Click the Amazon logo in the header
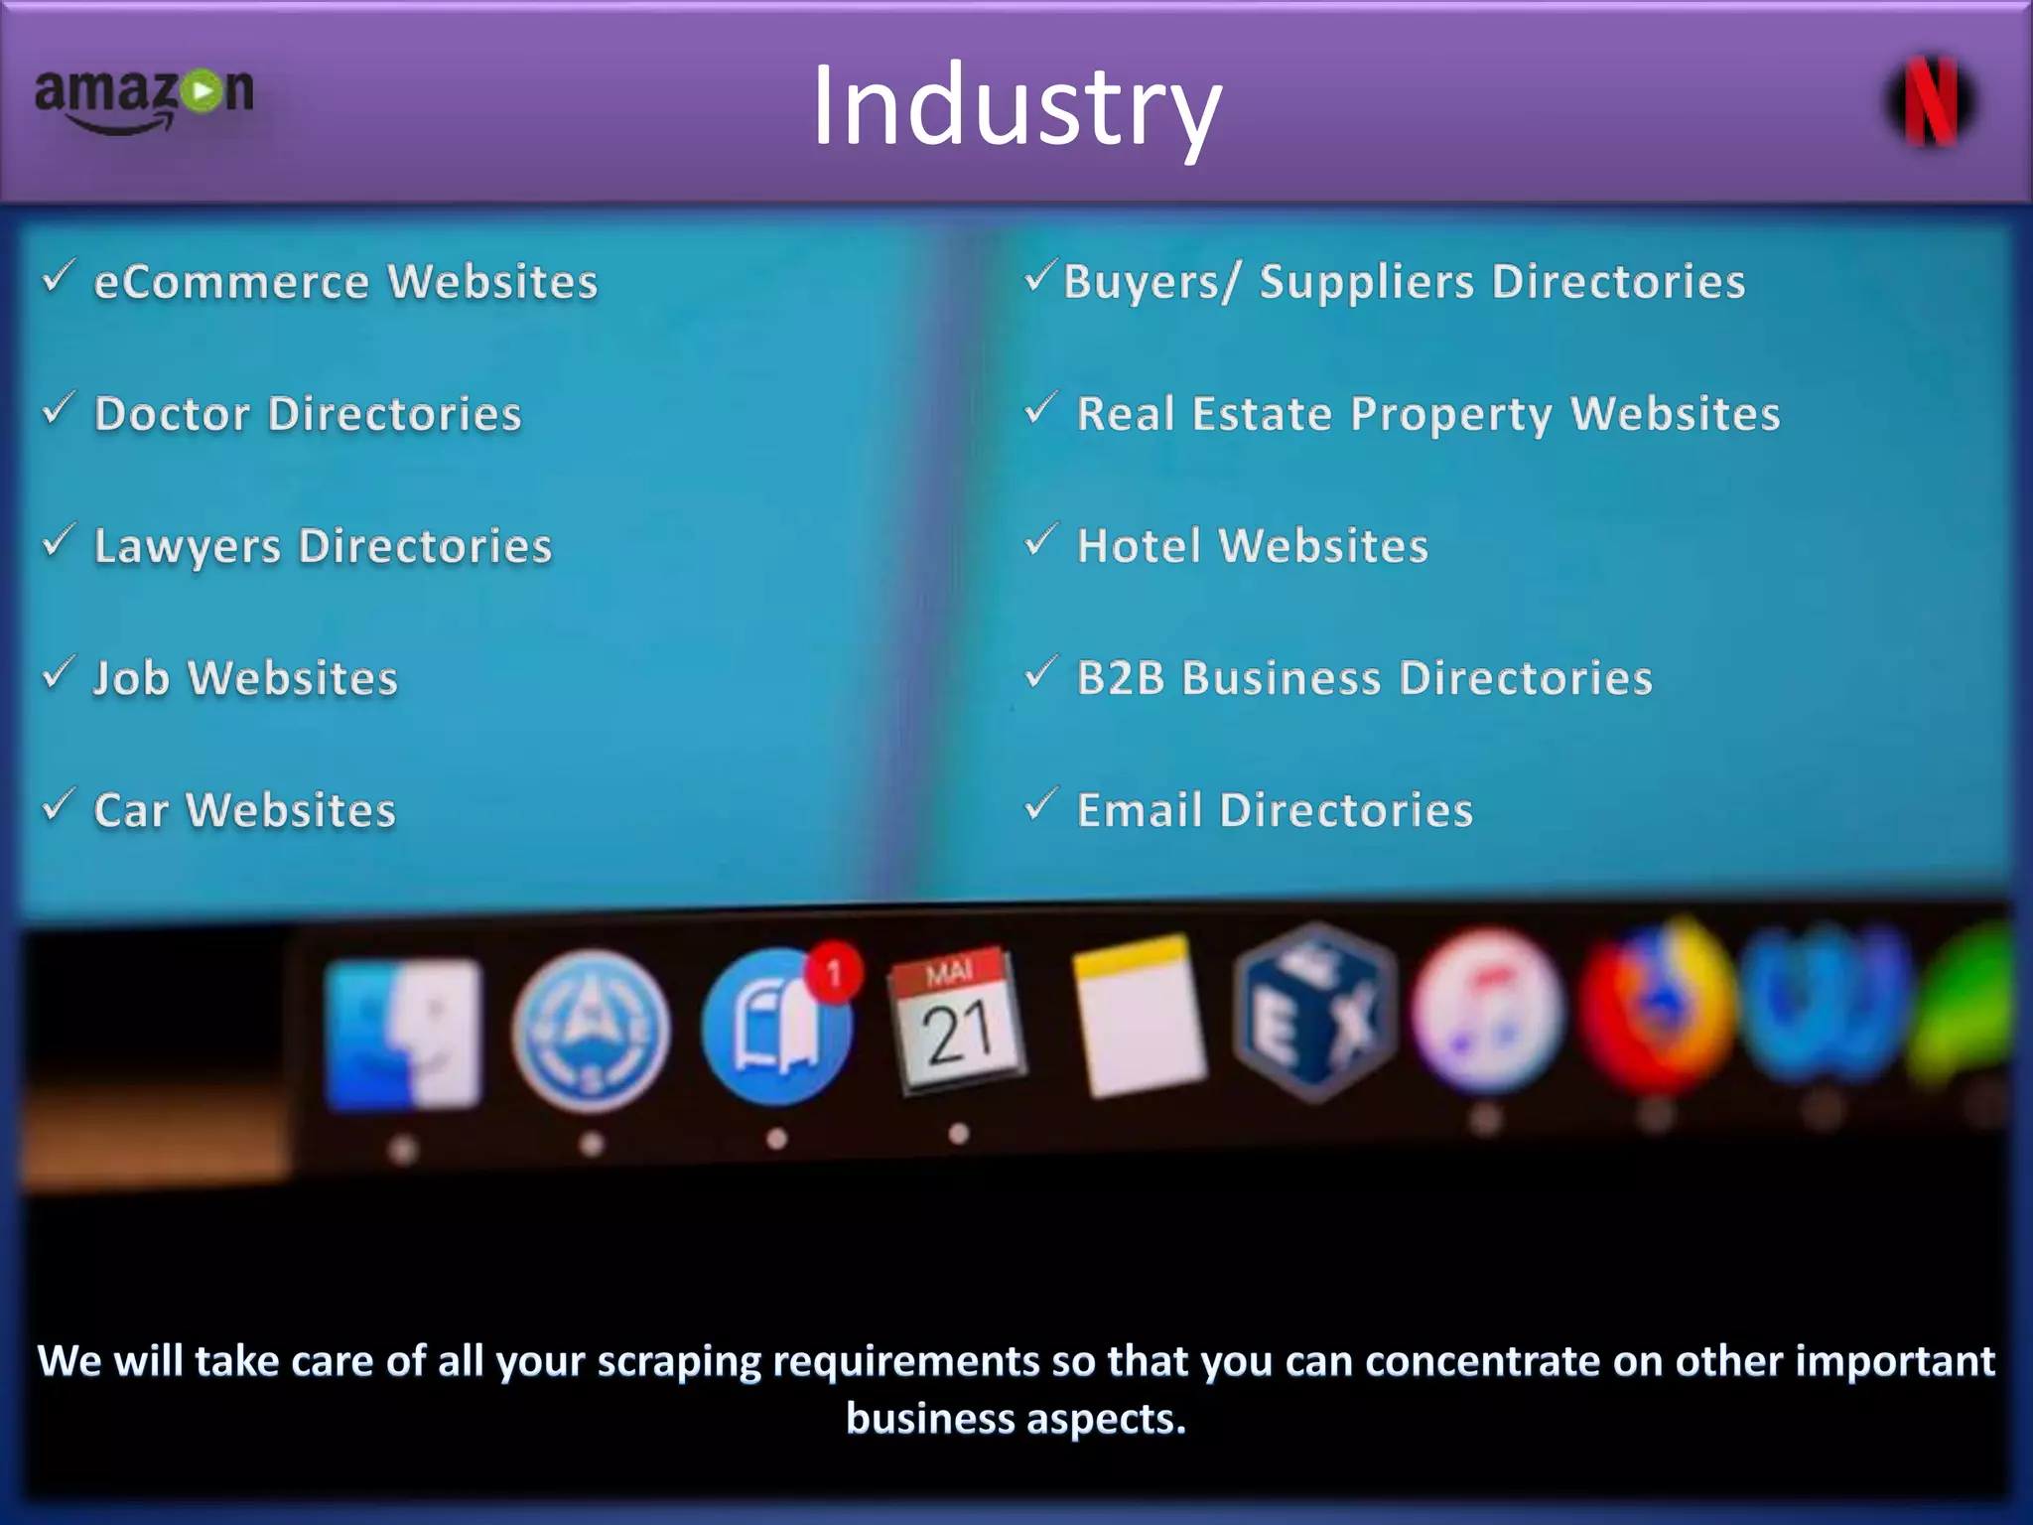(145, 99)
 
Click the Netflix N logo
(1930, 101)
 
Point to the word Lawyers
(188, 547)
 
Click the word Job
(131, 679)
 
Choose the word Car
(131, 810)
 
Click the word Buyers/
(1152, 282)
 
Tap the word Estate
(1261, 414)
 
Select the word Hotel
(1139, 546)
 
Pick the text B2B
(1121, 678)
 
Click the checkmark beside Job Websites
(58, 673)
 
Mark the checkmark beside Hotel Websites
(1039, 540)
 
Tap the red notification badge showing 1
(834, 972)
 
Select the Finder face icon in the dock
(403, 1033)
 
